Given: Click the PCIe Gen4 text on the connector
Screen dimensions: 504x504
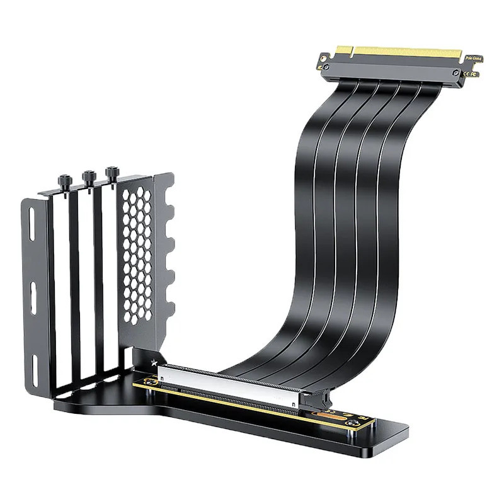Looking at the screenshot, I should (473, 59).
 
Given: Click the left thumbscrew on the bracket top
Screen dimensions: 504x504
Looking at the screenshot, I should (66, 178).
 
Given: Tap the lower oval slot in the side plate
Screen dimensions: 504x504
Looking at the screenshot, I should (33, 294).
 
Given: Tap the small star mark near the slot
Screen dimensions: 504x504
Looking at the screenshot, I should (154, 363).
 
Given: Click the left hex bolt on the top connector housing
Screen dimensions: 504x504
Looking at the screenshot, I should (326, 67).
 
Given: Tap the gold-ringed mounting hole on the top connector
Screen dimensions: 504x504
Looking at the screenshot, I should (324, 59).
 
